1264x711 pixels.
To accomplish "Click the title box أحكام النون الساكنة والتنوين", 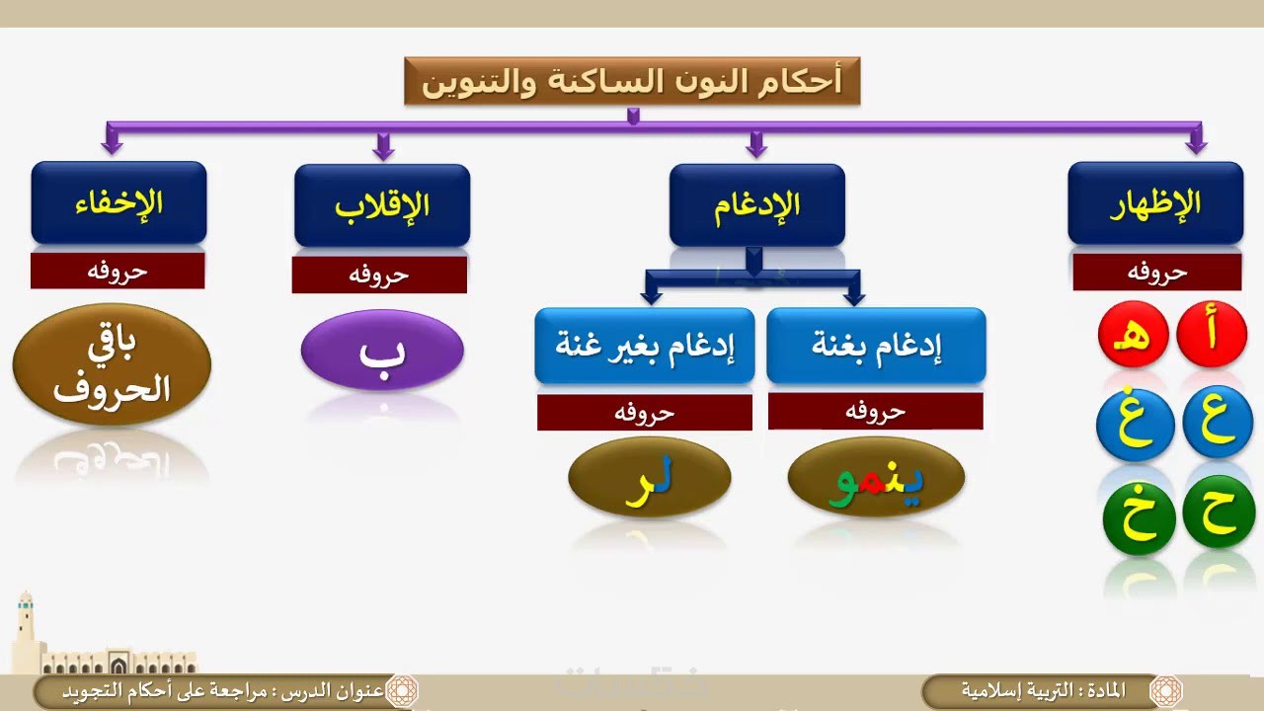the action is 632,81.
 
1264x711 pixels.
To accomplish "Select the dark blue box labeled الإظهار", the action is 1155,203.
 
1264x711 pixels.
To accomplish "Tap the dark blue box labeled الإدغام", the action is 756,204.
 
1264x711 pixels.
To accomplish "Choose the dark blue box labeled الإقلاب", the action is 382,205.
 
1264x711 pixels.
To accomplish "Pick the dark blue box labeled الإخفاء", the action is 118,202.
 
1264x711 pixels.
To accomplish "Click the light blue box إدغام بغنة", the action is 876,346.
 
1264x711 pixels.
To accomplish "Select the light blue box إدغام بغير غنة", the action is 645,346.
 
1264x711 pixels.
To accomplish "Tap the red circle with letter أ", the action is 1212,334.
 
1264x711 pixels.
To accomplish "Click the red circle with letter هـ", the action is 1133,334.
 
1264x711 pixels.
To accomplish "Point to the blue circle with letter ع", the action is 1218,422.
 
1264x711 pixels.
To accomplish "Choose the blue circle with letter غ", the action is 1136,425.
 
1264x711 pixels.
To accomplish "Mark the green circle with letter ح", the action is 1219,512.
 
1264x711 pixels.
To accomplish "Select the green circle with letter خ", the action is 1140,517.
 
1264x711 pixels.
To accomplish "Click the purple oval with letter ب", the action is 382,350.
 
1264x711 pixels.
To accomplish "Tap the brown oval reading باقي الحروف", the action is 112,364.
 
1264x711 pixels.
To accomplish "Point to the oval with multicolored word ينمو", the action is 876,477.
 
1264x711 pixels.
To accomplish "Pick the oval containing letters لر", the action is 650,477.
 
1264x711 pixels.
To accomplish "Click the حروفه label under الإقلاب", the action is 379,276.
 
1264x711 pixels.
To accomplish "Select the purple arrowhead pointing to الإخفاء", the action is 112,145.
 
